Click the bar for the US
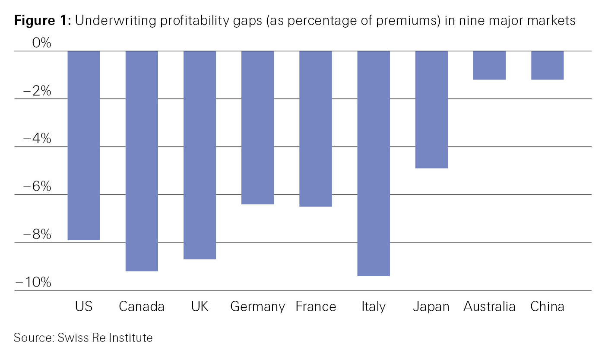tap(84, 145)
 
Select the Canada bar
tap(142, 161)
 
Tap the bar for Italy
tap(374, 163)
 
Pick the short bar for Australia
tap(489, 65)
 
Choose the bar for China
tap(547, 65)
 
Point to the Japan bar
tap(431, 109)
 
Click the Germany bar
tap(257, 127)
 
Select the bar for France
tap(316, 129)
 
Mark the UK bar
tap(200, 155)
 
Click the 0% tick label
tap(41, 43)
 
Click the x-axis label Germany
tap(257, 307)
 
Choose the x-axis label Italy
tap(374, 307)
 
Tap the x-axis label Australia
tap(489, 307)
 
